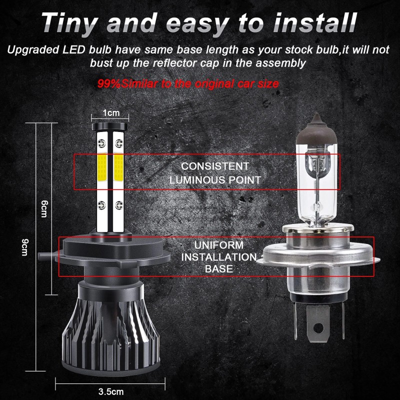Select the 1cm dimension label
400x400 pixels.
pos(111,113)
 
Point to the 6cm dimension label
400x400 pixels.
pos(44,205)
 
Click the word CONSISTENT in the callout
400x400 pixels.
pos(215,166)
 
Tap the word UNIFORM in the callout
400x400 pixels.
pos(219,245)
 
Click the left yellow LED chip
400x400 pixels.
pos(102,166)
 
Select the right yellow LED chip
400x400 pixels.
pos(119,166)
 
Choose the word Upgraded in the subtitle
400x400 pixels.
pos(31,50)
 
